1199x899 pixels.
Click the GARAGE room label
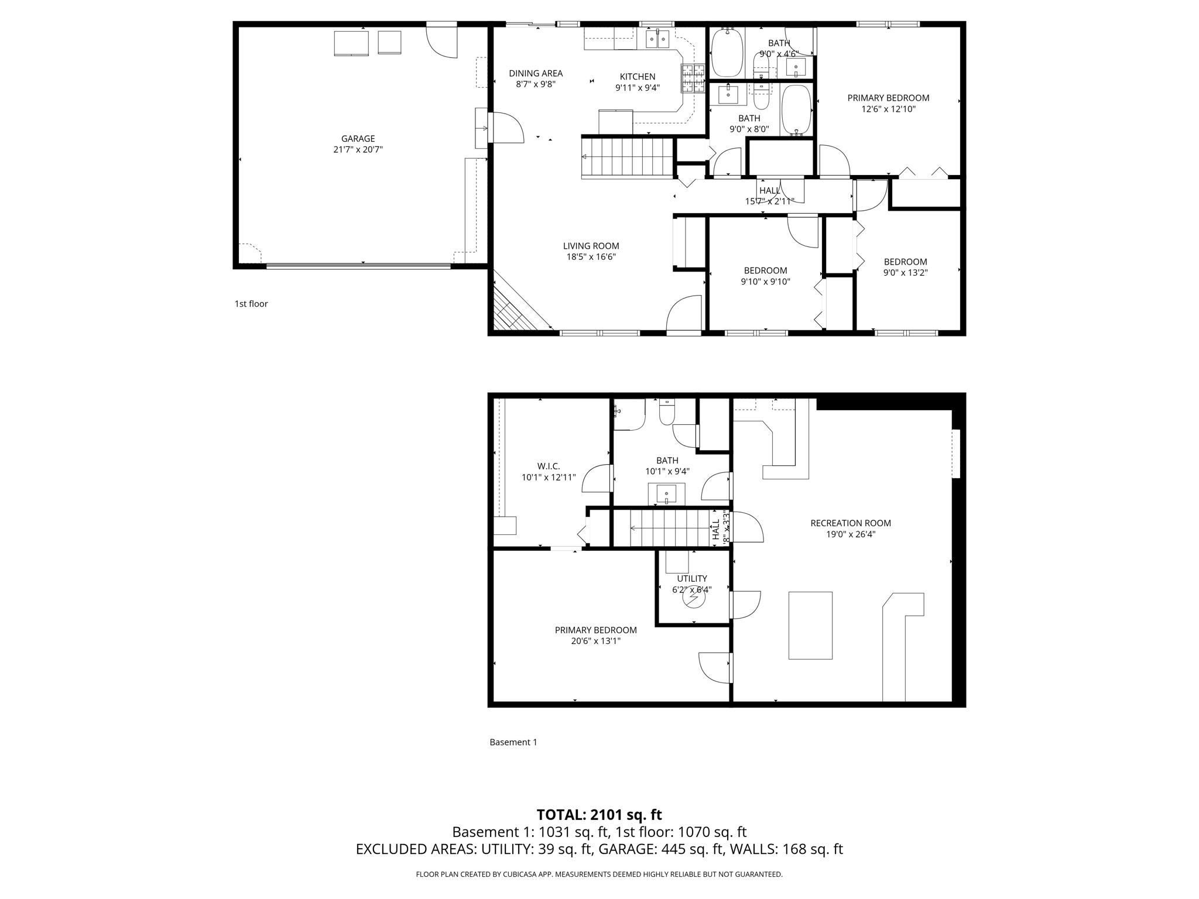click(358, 139)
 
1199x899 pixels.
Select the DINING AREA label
click(535, 73)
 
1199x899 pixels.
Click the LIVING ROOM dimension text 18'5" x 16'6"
click(591, 257)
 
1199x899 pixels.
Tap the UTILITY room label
click(692, 578)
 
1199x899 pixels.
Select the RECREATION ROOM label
click(850, 523)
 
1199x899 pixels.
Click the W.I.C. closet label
click(549, 466)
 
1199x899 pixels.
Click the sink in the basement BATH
click(666, 494)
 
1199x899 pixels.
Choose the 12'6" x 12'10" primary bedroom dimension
click(888, 109)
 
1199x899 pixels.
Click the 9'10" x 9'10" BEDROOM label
click(765, 270)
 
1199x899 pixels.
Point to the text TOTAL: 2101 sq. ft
click(599, 814)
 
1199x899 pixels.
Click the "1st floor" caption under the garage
click(251, 304)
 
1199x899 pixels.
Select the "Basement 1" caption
click(513, 742)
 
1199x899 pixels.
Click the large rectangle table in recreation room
click(810, 625)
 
